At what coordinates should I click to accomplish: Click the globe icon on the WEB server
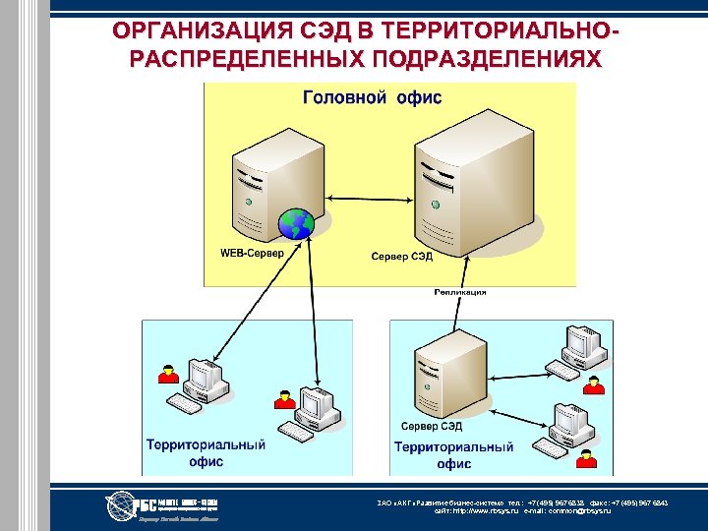coord(294,224)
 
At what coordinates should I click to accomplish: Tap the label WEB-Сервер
coord(252,253)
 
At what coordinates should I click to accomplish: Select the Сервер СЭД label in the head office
coord(401,257)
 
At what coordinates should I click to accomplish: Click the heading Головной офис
coord(372,97)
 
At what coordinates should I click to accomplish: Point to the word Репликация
coord(459,292)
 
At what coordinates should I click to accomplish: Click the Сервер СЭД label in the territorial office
coord(432,427)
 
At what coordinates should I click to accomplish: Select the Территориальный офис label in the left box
coord(206,452)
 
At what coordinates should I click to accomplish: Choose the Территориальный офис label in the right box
coord(453,454)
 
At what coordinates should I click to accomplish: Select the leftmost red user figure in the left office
coord(169,375)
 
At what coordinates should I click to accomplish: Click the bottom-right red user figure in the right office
coord(587,457)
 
